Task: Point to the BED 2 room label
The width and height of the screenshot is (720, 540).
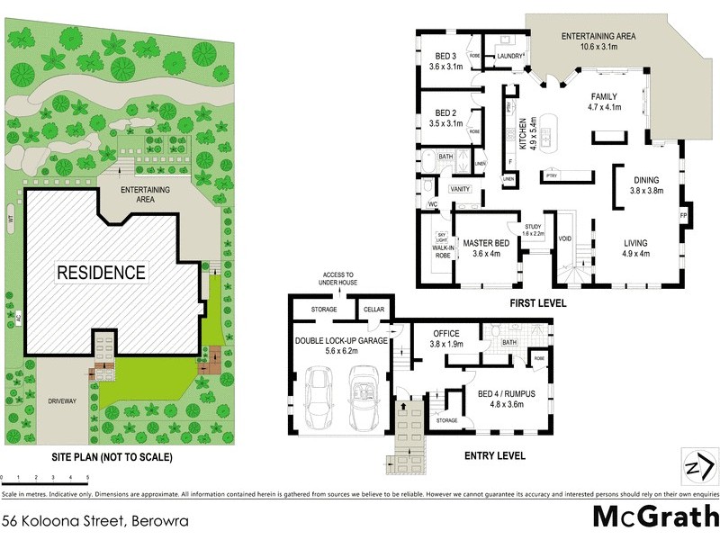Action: (x=445, y=112)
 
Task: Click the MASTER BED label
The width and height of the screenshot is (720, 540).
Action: (x=487, y=243)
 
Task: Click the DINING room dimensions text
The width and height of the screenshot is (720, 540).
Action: (x=646, y=191)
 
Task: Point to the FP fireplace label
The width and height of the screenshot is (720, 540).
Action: (x=684, y=216)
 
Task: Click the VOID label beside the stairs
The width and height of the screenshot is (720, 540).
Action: (x=565, y=239)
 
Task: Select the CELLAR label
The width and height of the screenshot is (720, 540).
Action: (x=372, y=310)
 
